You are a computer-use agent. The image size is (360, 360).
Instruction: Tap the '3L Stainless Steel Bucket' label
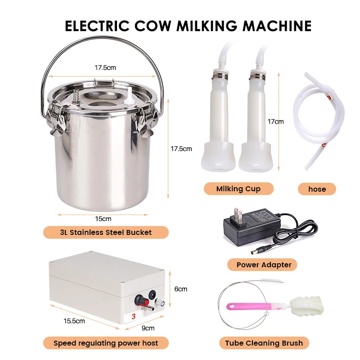tap(106, 232)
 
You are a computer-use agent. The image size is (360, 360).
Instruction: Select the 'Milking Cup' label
tap(238, 189)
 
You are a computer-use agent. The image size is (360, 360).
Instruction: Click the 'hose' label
tap(317, 189)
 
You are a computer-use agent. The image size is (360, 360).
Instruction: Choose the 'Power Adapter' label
tap(264, 265)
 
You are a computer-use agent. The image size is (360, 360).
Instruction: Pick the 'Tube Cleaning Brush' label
tap(264, 343)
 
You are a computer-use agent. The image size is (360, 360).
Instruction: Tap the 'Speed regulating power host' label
tap(106, 343)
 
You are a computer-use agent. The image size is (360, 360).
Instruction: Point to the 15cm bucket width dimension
tap(103, 219)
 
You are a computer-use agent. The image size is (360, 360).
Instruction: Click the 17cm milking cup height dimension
tap(276, 121)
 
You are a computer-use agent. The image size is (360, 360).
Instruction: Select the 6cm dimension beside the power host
tap(181, 289)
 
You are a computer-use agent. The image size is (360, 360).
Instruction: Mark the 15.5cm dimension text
tap(75, 321)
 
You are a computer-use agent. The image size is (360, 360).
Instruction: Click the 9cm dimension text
tap(148, 328)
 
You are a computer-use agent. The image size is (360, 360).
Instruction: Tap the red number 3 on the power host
tap(134, 316)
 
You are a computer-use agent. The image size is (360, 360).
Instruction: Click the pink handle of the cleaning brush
tap(246, 306)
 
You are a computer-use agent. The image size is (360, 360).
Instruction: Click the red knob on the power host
tap(140, 299)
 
